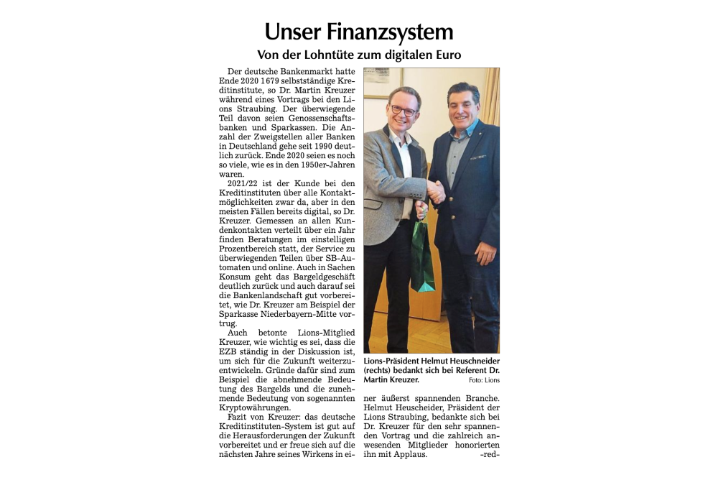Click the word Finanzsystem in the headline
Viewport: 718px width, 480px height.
tap(389, 32)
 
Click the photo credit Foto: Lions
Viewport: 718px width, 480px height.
tap(484, 380)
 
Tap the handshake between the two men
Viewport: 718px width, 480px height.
tap(435, 191)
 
